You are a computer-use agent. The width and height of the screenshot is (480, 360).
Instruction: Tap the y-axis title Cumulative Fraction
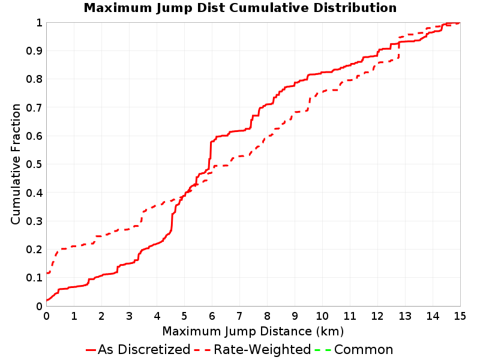pyautogui.click(x=16, y=164)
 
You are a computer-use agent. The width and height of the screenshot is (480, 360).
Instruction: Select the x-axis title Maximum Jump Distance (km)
pyautogui.click(x=253, y=331)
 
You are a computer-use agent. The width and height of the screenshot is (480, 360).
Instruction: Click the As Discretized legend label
pyautogui.click(x=144, y=349)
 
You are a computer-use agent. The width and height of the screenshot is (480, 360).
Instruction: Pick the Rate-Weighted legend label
pyautogui.click(x=262, y=349)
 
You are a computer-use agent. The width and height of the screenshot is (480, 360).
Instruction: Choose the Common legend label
pyautogui.click(x=364, y=349)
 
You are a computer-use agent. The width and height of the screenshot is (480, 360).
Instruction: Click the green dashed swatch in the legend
pyautogui.click(x=323, y=350)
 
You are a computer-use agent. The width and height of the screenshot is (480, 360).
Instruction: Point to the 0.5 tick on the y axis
pyautogui.click(x=34, y=164)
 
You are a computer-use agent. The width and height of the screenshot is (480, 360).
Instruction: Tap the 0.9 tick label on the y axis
pyautogui.click(x=34, y=51)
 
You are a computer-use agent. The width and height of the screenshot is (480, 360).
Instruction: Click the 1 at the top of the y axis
pyautogui.click(x=39, y=22)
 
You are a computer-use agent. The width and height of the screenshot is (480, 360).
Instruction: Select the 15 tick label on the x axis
pyautogui.click(x=460, y=316)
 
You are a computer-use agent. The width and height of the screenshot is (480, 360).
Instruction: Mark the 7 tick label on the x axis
pyautogui.click(x=239, y=316)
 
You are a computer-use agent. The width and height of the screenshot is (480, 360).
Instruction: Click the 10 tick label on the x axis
pyautogui.click(x=322, y=316)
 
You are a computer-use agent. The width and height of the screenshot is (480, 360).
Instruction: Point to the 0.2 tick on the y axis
pyautogui.click(x=34, y=250)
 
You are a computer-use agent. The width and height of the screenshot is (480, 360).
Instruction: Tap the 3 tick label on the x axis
pyautogui.click(x=129, y=316)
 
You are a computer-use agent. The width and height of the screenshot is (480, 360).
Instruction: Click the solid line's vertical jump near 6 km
pyautogui.click(x=211, y=155)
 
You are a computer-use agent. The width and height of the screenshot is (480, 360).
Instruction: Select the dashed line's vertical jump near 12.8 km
pyautogui.click(x=398, y=47)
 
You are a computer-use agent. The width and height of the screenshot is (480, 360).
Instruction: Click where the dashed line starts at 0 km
pyautogui.click(x=47, y=273)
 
